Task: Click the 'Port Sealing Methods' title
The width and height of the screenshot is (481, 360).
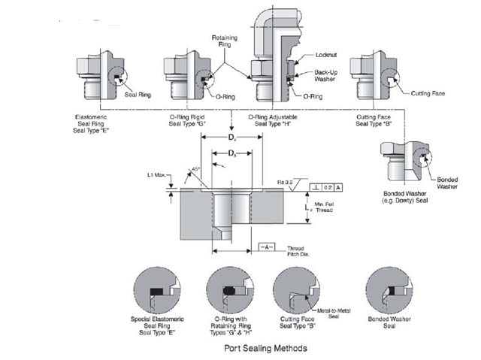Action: [x=266, y=349]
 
